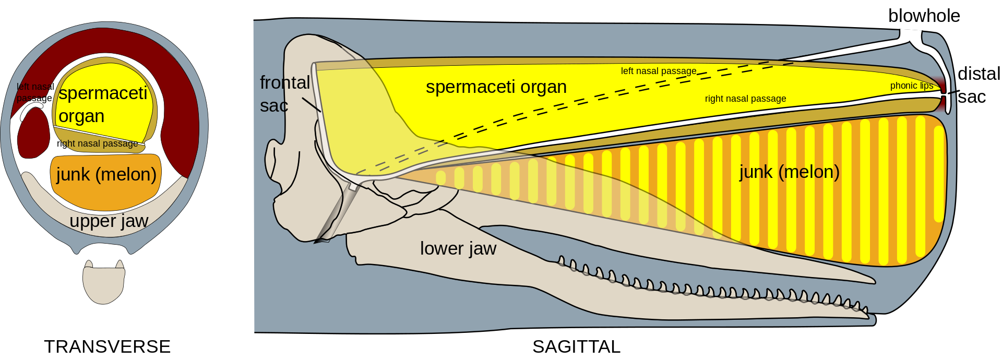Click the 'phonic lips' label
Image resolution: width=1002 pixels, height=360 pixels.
pos(911,86)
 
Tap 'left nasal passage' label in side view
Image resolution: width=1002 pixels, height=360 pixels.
pos(658,71)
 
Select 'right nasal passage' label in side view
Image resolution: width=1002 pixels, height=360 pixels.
pos(745,99)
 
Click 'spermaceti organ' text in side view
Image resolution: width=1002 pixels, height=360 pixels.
pos(496,87)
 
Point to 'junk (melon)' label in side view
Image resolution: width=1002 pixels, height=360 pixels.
pos(789,172)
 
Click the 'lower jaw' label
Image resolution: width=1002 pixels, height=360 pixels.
pos(458,248)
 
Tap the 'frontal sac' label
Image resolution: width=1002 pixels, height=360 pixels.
pos(284,94)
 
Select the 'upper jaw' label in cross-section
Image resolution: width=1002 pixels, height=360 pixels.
pos(109,221)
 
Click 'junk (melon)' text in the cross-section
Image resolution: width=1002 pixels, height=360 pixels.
pos(106,174)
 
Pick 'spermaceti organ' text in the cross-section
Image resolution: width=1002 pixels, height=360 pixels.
pos(102,104)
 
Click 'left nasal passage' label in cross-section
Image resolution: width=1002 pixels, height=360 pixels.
pos(35,92)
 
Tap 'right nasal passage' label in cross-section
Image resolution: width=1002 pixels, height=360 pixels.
pos(97,143)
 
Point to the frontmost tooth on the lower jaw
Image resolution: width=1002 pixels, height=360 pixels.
pos(865,311)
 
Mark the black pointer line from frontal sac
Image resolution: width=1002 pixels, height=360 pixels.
pos(312,105)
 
